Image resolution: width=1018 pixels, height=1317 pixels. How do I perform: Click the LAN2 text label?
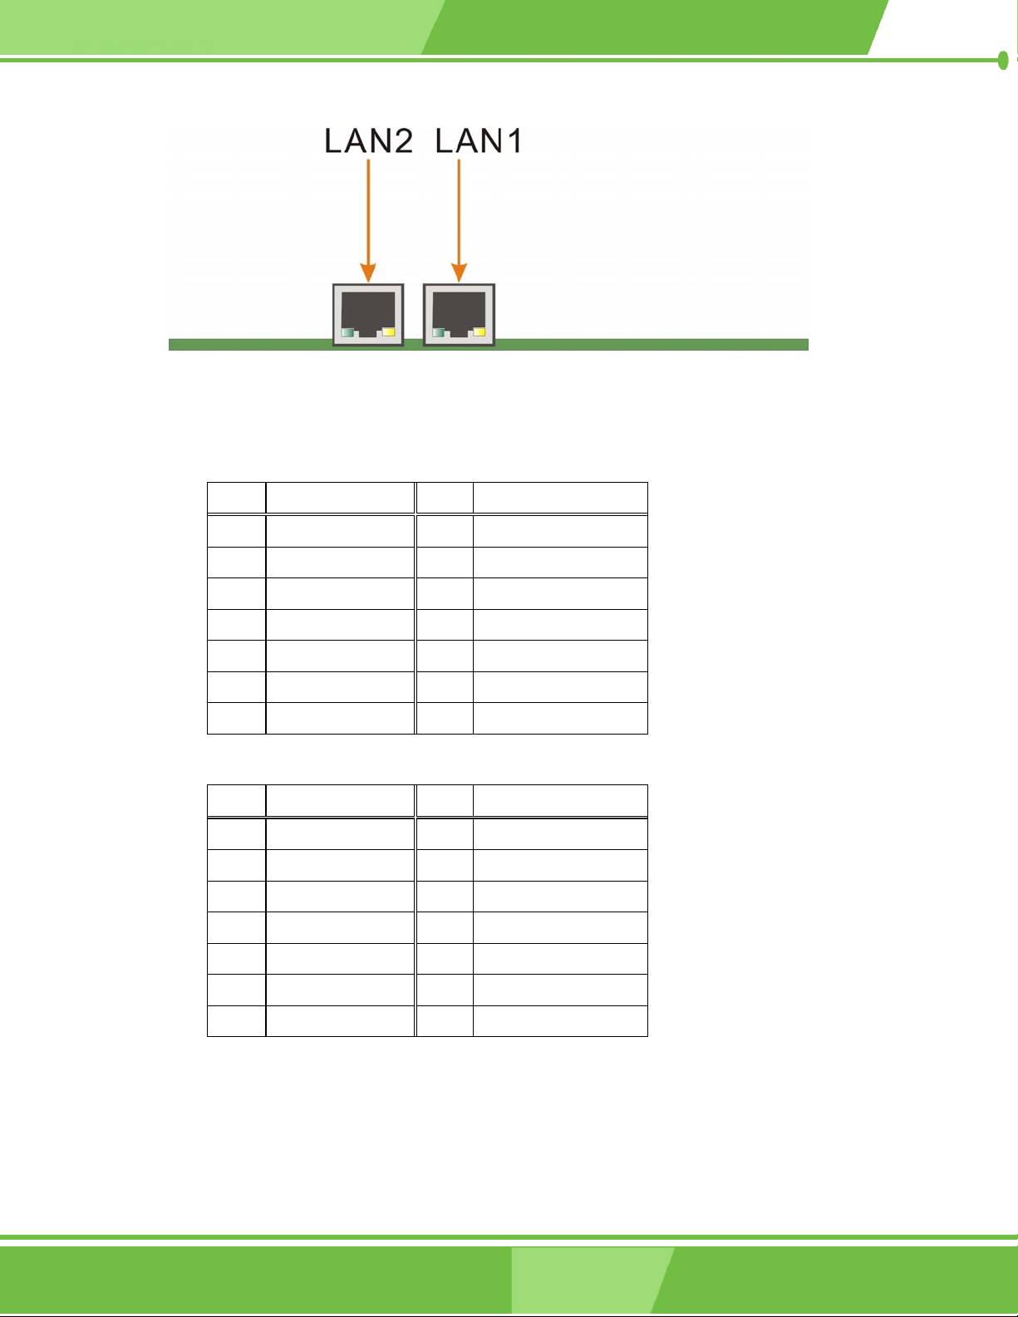(x=368, y=141)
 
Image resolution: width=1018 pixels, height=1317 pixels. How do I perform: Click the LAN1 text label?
(x=479, y=141)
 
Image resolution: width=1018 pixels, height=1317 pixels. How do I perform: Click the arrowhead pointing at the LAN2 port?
(x=368, y=273)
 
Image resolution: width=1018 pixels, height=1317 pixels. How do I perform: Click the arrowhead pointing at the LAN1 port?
(x=459, y=273)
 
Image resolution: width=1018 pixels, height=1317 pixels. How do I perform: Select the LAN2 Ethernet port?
(x=368, y=314)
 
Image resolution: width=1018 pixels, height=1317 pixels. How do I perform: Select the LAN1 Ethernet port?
(x=459, y=314)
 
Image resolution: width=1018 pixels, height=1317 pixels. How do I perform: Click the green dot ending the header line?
(x=1003, y=60)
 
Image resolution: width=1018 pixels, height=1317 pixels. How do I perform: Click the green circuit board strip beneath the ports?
(x=648, y=345)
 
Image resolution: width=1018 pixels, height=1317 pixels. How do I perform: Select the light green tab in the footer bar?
(x=586, y=1280)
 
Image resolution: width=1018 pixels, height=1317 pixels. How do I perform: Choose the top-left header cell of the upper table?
(x=237, y=498)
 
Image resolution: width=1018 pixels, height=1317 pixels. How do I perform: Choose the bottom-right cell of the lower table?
(x=560, y=1021)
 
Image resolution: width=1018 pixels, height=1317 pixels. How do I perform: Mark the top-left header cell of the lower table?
(x=237, y=800)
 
